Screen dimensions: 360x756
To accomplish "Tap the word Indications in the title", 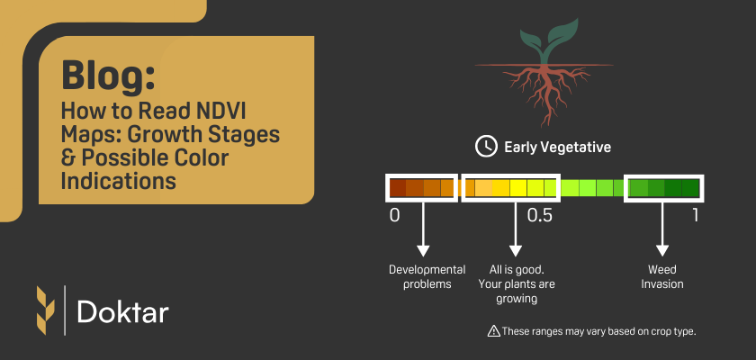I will coord(117,179).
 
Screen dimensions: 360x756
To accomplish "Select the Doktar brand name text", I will coord(123,311).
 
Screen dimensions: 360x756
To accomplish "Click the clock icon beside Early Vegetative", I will coord(485,146).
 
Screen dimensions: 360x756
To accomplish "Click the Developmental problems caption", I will coord(427,277).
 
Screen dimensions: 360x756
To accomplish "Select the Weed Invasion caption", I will coord(662,277).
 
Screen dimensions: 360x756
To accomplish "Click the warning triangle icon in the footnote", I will coord(493,331).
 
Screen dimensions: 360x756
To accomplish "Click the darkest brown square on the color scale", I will coord(397,188).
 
